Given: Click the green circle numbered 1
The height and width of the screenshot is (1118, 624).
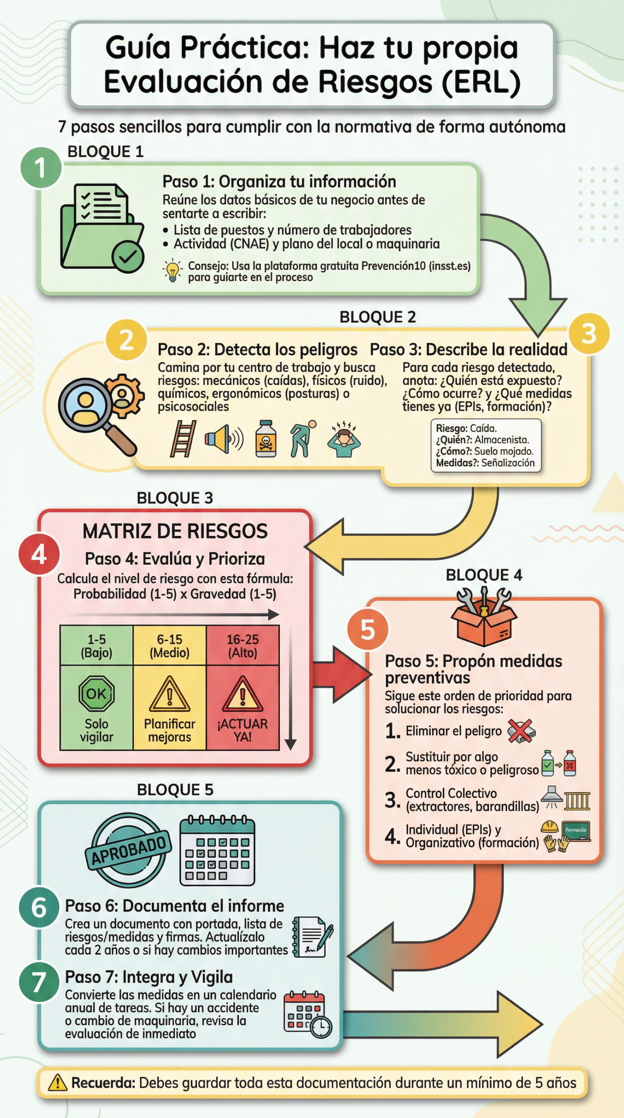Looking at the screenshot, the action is point(41,168).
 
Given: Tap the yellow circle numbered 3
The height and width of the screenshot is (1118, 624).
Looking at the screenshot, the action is point(589,334).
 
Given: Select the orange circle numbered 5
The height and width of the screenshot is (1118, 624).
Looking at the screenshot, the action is point(368,629).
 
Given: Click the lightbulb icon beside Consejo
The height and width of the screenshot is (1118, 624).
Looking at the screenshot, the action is point(172,270).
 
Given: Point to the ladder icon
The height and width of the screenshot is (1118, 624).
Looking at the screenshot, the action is point(183,438).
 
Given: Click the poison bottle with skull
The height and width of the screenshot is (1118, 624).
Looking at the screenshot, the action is point(265,438).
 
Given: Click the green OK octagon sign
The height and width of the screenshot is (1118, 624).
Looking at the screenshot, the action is point(97,694).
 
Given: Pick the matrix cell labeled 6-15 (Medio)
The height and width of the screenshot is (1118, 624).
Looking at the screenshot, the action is point(169,645).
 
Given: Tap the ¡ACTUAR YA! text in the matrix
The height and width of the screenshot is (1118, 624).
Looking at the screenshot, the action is point(242,730).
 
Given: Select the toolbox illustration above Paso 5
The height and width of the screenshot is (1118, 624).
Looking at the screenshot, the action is point(484,617).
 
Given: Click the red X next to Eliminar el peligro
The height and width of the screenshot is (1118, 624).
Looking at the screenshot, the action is point(521,731).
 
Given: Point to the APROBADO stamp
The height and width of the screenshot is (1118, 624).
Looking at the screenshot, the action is point(128,850).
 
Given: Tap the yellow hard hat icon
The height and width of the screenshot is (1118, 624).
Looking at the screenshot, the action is point(549,826).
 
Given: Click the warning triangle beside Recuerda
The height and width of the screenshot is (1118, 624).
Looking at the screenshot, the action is point(57,1083).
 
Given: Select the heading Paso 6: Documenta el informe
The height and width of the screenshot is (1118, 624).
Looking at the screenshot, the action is point(175,906).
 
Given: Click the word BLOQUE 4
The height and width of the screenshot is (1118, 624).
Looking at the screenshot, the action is point(484,575).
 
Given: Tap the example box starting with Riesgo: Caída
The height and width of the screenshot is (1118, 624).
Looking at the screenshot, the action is point(486,445).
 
